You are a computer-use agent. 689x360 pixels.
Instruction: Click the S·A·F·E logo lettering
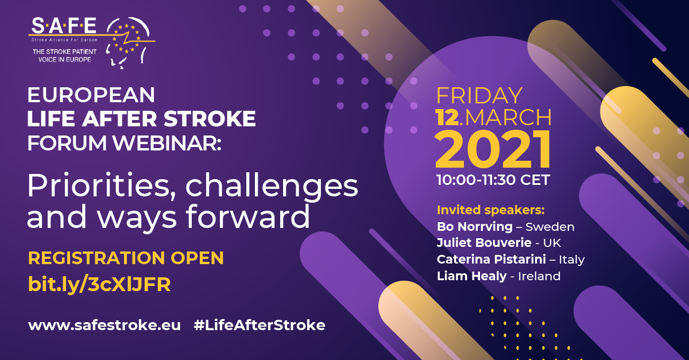tap(64, 25)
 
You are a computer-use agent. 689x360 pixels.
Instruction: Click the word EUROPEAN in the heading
tap(91, 95)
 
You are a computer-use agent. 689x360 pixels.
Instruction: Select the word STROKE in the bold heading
tap(210, 119)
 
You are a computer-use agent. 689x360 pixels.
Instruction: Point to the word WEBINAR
tap(167, 143)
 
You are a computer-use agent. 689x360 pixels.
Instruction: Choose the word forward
tap(248, 216)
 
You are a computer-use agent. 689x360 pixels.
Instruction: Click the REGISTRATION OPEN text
tap(126, 258)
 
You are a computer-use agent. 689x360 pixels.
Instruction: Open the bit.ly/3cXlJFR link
tap(99, 284)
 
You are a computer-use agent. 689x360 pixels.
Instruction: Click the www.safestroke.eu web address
tap(104, 325)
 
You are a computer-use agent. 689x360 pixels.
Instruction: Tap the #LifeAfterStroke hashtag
tap(260, 325)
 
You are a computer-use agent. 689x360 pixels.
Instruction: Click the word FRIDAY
tap(479, 95)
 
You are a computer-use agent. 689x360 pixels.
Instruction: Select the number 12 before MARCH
tap(447, 117)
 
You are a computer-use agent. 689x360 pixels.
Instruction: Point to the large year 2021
tap(493, 149)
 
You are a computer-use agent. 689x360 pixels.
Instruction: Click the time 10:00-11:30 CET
tap(493, 180)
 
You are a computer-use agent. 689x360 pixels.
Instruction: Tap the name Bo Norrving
tap(475, 227)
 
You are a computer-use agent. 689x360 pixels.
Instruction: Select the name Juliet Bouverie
tap(484, 243)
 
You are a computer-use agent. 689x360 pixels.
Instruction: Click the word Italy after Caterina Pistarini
tap(571, 260)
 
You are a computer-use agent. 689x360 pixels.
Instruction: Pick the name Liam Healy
tap(471, 276)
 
